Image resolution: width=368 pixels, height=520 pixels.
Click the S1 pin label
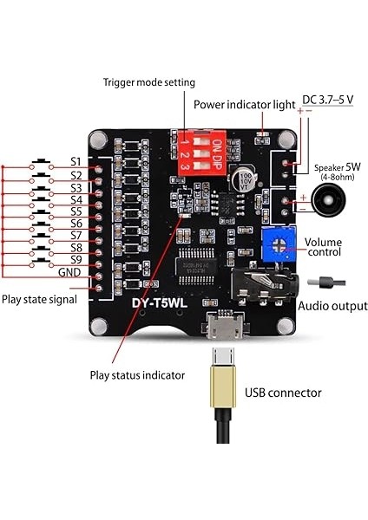coord(76,162)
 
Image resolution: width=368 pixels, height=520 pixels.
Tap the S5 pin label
coord(76,211)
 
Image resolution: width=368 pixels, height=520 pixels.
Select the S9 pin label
coord(76,259)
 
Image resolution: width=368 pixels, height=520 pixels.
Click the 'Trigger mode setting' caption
coord(149,82)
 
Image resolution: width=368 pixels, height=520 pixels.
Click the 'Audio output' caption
coord(332,306)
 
